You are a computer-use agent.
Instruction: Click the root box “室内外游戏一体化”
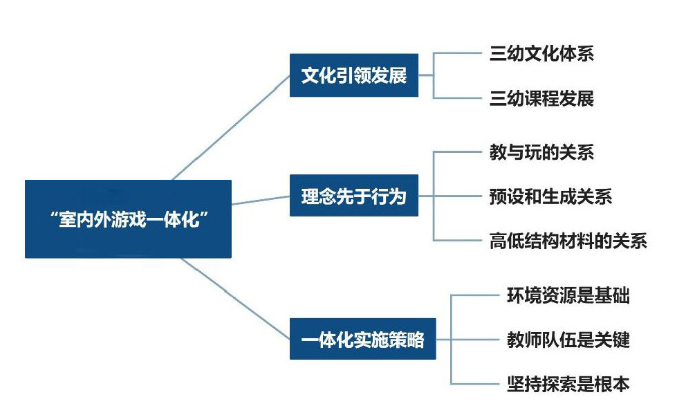[128, 219]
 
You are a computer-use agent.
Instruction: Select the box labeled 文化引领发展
[353, 75]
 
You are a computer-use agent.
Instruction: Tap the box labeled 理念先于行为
[353, 196]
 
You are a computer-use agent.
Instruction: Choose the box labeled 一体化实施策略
[362, 339]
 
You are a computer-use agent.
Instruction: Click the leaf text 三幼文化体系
[541, 54]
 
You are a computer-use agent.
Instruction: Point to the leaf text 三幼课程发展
[541, 98]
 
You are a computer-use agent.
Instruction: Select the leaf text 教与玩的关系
[541, 152]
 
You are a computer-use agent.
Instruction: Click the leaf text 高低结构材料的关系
[568, 240]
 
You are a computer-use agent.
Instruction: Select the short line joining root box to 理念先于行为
[261, 201]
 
